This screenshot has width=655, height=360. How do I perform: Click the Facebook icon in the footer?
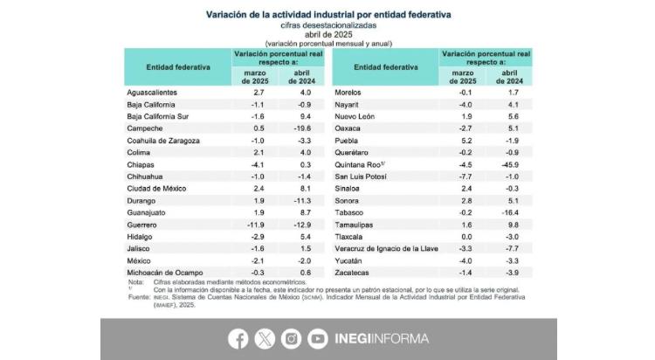(x=238, y=338)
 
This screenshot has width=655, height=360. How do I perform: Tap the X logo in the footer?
(x=265, y=338)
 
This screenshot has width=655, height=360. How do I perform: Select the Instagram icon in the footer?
(x=292, y=338)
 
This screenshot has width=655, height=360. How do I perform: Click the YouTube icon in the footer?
(x=318, y=338)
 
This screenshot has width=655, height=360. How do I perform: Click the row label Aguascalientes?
(x=153, y=92)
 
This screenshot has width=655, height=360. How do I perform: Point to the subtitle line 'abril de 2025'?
(x=328, y=34)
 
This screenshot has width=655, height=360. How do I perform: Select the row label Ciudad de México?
(x=158, y=189)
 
